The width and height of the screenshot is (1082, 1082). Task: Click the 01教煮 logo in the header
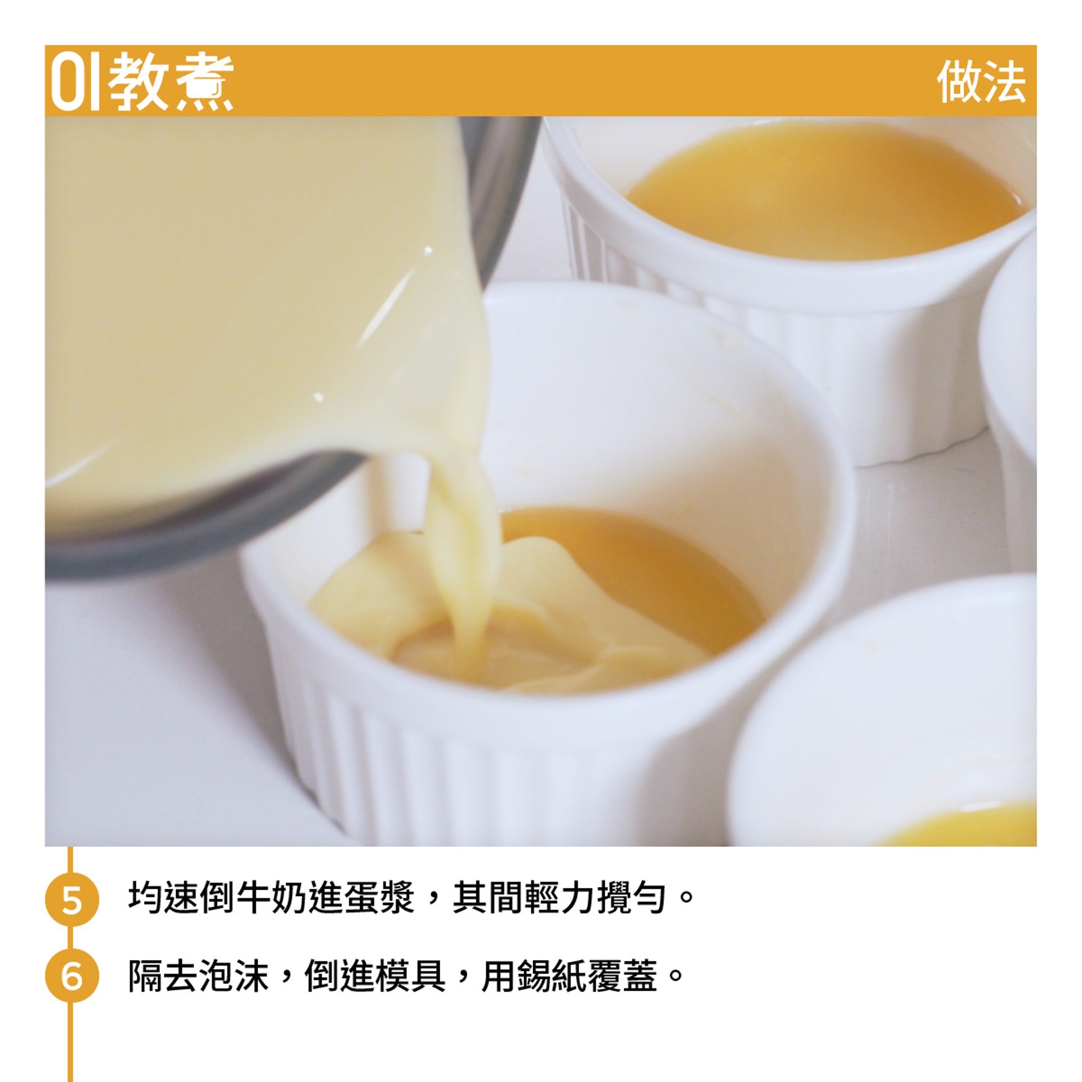point(141,82)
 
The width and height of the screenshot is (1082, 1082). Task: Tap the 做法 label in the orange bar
point(981,82)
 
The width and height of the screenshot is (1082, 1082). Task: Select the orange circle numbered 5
point(72,900)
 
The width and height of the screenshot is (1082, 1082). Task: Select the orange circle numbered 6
point(72,976)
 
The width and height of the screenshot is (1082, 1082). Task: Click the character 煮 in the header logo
point(203,82)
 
